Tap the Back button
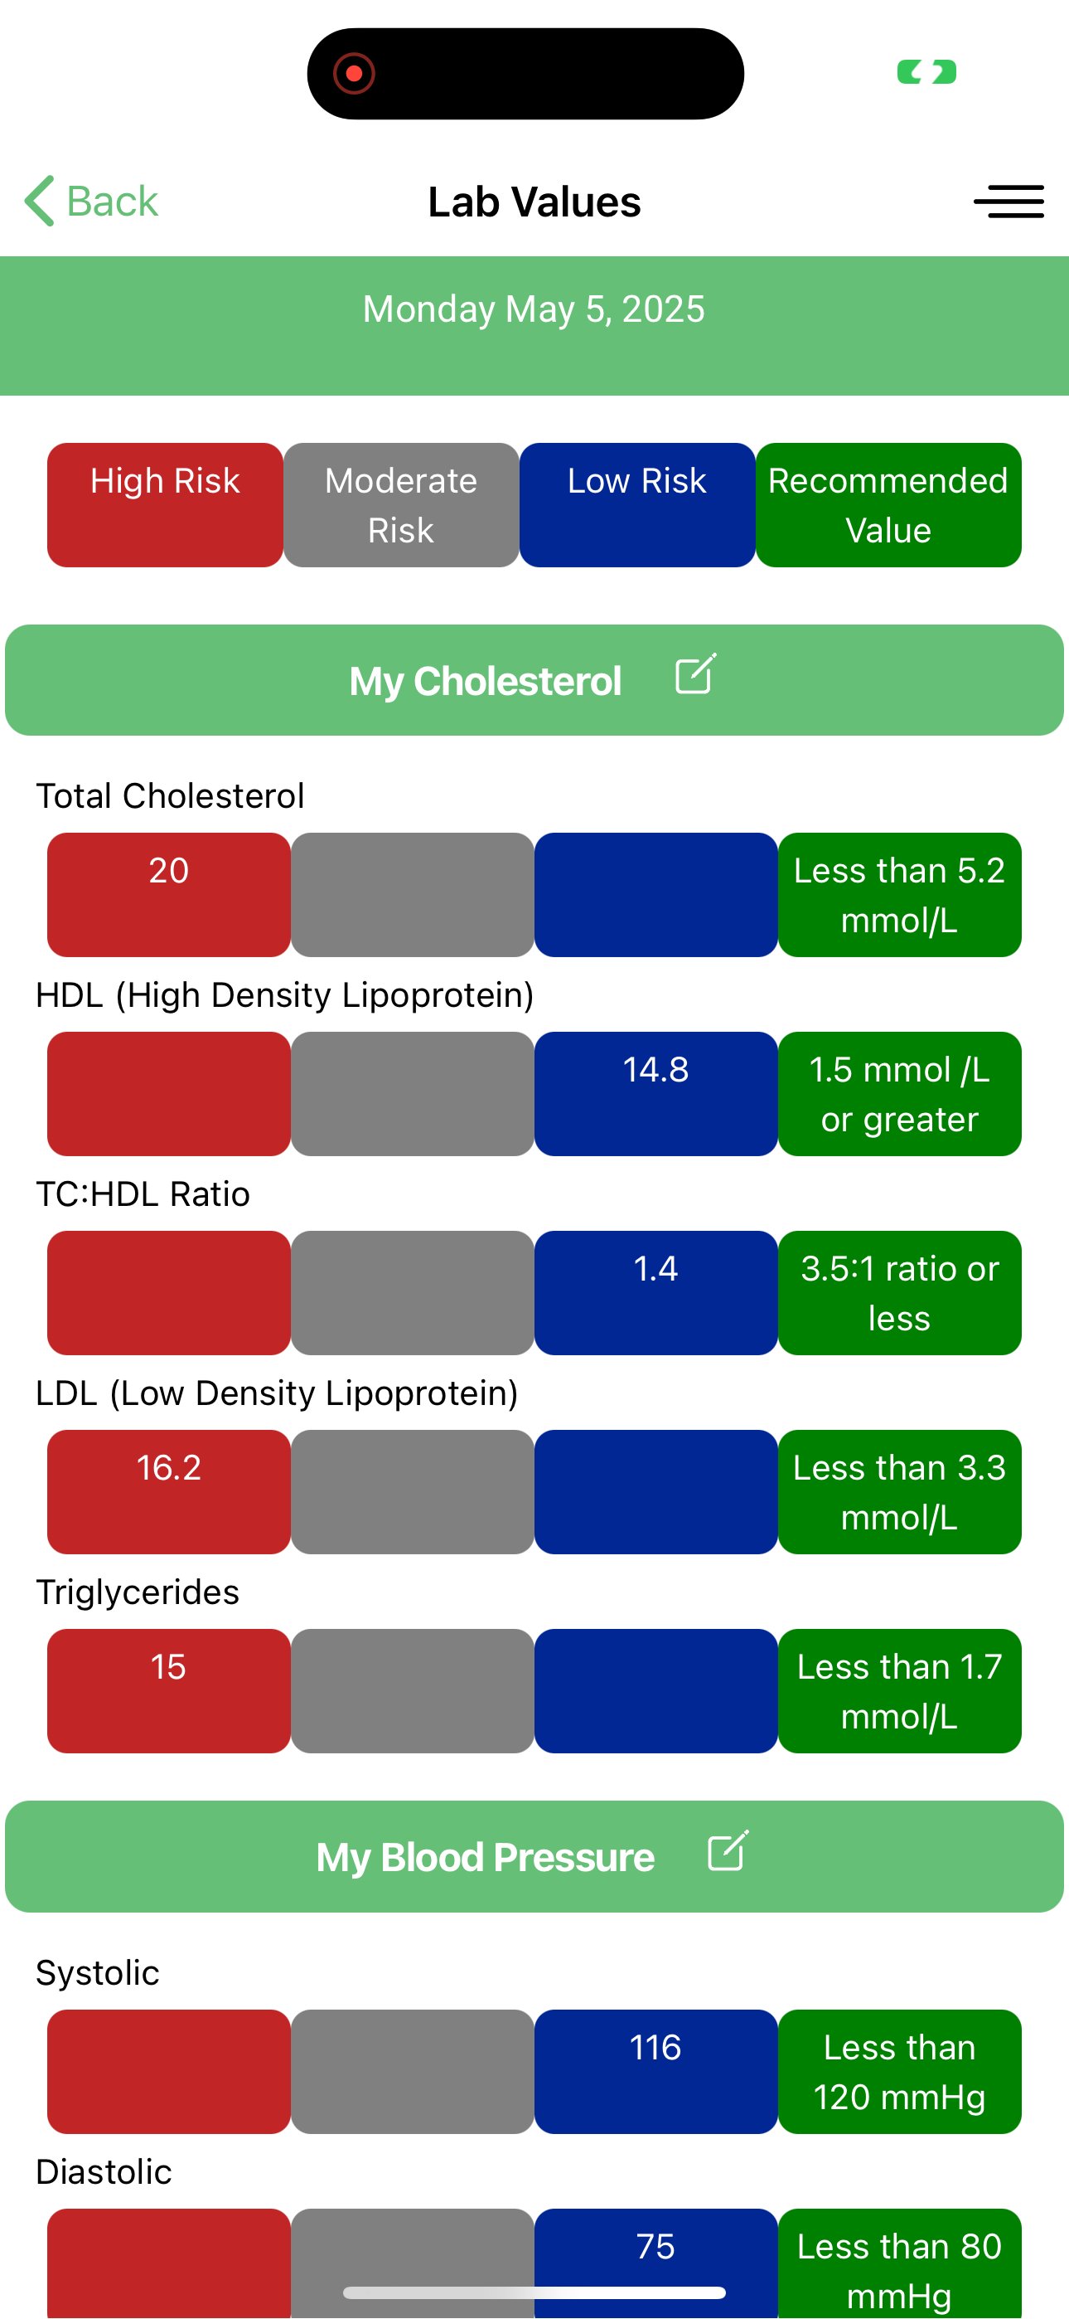(x=91, y=201)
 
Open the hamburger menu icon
(x=1009, y=202)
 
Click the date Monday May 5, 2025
(x=534, y=309)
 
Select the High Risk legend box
(x=166, y=505)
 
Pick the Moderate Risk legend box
(x=401, y=505)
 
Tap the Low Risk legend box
(x=637, y=505)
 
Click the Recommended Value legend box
(x=888, y=505)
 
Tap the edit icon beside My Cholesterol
(x=695, y=674)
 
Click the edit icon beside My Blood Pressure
(x=728, y=1851)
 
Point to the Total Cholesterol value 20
(x=169, y=871)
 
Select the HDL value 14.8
(x=656, y=1069)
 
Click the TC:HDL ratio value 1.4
(x=656, y=1268)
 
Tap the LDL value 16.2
(x=169, y=1467)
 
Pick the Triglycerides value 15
(x=169, y=1666)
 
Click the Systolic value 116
(x=656, y=2047)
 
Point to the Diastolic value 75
(x=656, y=2246)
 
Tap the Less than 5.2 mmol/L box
(x=900, y=895)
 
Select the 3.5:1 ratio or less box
(x=900, y=1293)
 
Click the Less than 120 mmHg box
(x=900, y=2072)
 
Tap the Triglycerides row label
(x=138, y=1592)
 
